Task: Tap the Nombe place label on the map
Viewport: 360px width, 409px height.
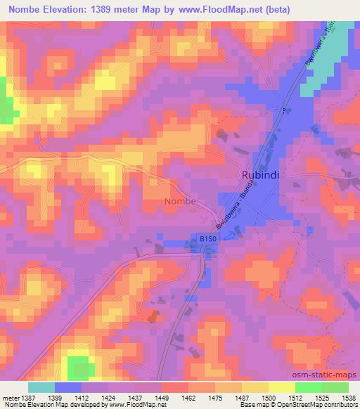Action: (x=180, y=202)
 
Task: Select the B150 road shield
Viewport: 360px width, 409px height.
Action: (x=207, y=240)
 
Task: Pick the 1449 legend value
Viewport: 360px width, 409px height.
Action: (x=160, y=397)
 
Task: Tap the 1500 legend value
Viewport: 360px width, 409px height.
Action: (x=268, y=397)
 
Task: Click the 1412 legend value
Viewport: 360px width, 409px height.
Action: (x=81, y=397)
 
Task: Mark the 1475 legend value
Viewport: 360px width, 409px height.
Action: (x=214, y=397)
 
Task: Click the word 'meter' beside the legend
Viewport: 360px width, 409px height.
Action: (x=10, y=397)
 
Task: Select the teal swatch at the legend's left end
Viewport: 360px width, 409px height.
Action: (x=41, y=387)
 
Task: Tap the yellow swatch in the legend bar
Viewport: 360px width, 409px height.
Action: (x=281, y=387)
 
